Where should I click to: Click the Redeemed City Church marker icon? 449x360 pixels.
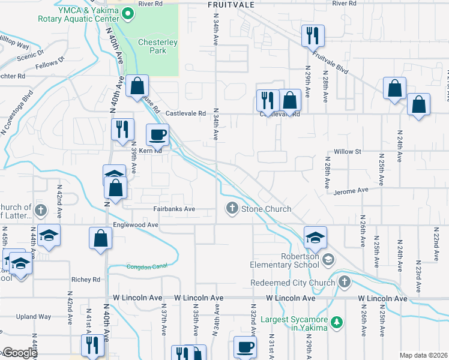344,281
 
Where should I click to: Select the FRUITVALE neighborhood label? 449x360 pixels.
231,4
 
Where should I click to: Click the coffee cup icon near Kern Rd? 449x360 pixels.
158,134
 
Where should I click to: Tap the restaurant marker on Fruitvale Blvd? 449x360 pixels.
313,35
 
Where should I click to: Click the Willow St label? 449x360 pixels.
348,152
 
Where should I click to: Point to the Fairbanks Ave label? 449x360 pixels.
173,209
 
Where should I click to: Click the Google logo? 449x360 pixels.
19,353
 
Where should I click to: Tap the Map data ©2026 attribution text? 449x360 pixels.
423,355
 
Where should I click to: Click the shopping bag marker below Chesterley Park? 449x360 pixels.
137,87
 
